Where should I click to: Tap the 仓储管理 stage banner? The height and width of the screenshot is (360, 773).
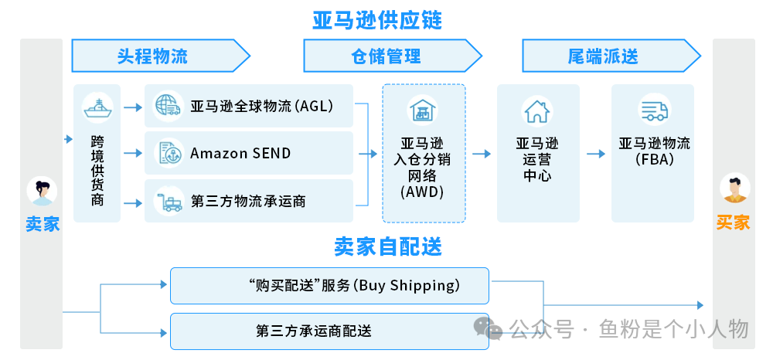(x=386, y=56)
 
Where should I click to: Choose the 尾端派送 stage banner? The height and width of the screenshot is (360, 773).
(x=603, y=56)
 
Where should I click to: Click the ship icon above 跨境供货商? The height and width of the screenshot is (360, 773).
(x=97, y=108)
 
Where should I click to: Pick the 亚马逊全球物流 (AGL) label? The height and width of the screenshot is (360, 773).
(x=261, y=106)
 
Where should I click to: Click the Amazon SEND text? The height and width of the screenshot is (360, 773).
(x=240, y=153)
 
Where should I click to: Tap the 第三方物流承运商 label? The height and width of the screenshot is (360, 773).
(x=248, y=201)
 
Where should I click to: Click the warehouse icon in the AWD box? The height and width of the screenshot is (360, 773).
(x=423, y=110)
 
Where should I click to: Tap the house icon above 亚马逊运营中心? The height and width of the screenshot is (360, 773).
(x=536, y=111)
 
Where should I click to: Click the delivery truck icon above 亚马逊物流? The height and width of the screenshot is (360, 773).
(x=654, y=110)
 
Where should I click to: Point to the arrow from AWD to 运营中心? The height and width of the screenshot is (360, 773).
(x=481, y=154)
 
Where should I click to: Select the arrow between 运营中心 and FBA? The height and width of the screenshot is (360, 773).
(x=594, y=154)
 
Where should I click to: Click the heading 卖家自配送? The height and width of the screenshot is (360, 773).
(x=388, y=246)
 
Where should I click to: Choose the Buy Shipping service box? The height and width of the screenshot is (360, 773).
(x=329, y=286)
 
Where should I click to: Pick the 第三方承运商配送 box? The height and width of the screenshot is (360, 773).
(x=329, y=331)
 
